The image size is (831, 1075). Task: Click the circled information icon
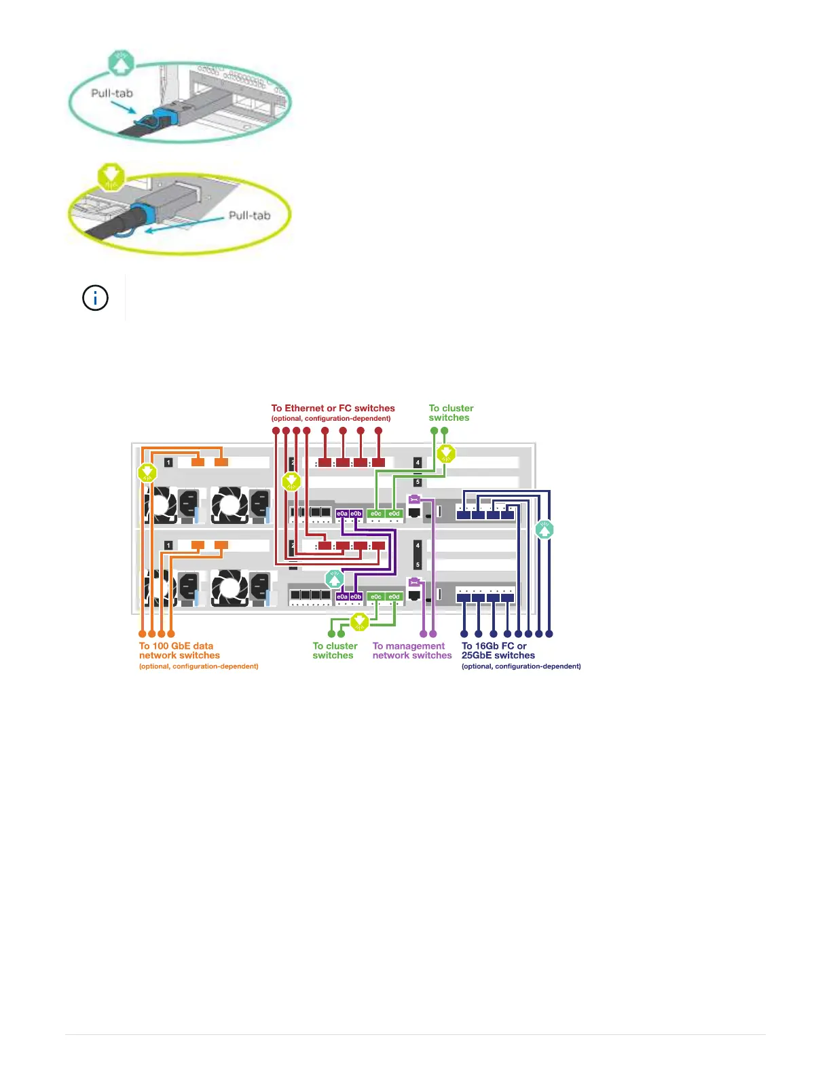tap(95, 297)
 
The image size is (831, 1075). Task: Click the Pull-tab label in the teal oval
tap(112, 93)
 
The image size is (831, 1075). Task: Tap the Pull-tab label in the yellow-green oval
tap(249, 215)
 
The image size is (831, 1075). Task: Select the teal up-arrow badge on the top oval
tap(121, 64)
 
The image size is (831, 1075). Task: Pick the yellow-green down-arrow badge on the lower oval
tap(111, 176)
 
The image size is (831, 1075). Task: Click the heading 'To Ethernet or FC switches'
tap(333, 408)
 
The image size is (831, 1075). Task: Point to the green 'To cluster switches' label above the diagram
tap(451, 413)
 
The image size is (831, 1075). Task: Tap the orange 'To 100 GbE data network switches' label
tap(179, 651)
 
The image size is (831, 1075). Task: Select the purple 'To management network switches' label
tap(411, 651)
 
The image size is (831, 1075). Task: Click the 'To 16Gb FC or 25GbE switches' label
tap(498, 651)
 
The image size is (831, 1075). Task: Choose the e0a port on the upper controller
tap(342, 514)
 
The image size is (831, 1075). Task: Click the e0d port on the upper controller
tap(394, 514)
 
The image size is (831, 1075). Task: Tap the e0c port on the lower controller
tap(376, 597)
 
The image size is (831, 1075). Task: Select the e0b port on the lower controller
tap(356, 597)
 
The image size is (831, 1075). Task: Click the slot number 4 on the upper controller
tap(418, 462)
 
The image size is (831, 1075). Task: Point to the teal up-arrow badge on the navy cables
tap(544, 529)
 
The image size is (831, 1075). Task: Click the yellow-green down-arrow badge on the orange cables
tap(147, 472)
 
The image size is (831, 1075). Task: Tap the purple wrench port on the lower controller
tap(414, 582)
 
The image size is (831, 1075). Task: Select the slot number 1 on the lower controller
tap(168, 545)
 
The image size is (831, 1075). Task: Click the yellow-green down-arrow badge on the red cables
tap(291, 482)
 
